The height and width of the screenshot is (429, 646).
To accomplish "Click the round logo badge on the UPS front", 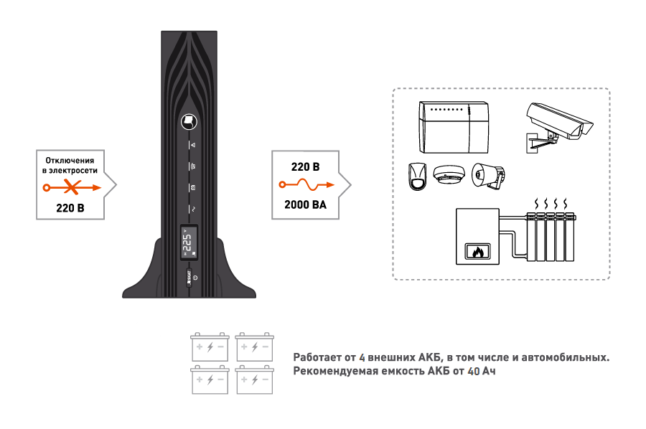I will point(189,121).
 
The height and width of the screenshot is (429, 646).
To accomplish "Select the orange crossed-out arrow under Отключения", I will point(70,188).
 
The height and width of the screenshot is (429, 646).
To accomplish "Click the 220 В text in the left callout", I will point(70,209).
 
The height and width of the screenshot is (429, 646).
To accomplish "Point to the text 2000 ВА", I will point(304,205).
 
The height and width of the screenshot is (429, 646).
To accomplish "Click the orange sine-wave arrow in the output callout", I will point(304,185).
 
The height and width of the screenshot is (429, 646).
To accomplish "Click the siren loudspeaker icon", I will point(490,176).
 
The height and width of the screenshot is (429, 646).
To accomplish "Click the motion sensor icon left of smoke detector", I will point(416,176).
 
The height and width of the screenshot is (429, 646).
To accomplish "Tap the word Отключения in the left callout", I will point(70,159).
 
